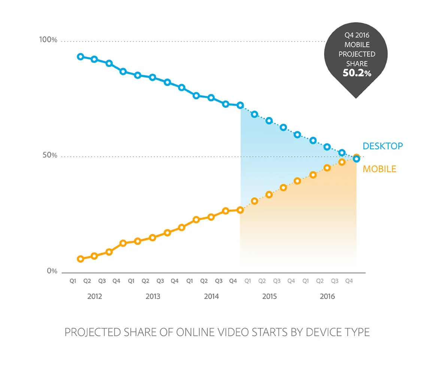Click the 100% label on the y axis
[48, 40]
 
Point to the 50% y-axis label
[50, 156]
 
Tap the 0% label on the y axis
[52, 271]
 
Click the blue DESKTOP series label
[382, 146]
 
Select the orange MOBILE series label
[379, 169]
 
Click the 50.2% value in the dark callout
[357, 73]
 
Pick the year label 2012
[94, 297]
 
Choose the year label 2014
[211, 297]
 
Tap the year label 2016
[327, 297]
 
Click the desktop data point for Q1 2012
[80, 57]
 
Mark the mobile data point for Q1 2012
[80, 259]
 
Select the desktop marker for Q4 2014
[240, 105]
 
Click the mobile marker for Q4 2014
[240, 210]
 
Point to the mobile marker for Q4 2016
[356, 157]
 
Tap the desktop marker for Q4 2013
[182, 88]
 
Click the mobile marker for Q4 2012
[123, 243]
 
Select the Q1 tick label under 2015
[248, 281]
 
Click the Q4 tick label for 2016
[349, 281]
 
